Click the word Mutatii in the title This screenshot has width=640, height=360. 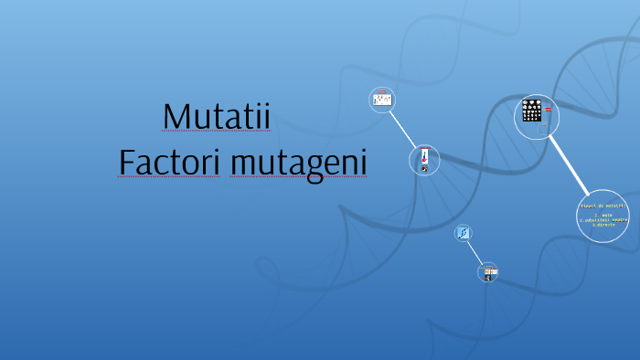217,116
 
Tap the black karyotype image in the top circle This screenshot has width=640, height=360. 531,111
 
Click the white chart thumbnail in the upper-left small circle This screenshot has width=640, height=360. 382,99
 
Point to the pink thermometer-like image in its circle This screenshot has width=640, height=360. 424,159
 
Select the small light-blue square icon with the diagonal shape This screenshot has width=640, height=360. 464,233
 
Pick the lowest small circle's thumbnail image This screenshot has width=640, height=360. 489,272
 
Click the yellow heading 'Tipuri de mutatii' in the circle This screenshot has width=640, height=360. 602,206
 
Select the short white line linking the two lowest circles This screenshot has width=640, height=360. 476,253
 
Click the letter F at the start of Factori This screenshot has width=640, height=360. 127,162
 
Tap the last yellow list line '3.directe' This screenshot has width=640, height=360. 603,225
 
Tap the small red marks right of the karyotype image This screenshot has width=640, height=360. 549,110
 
